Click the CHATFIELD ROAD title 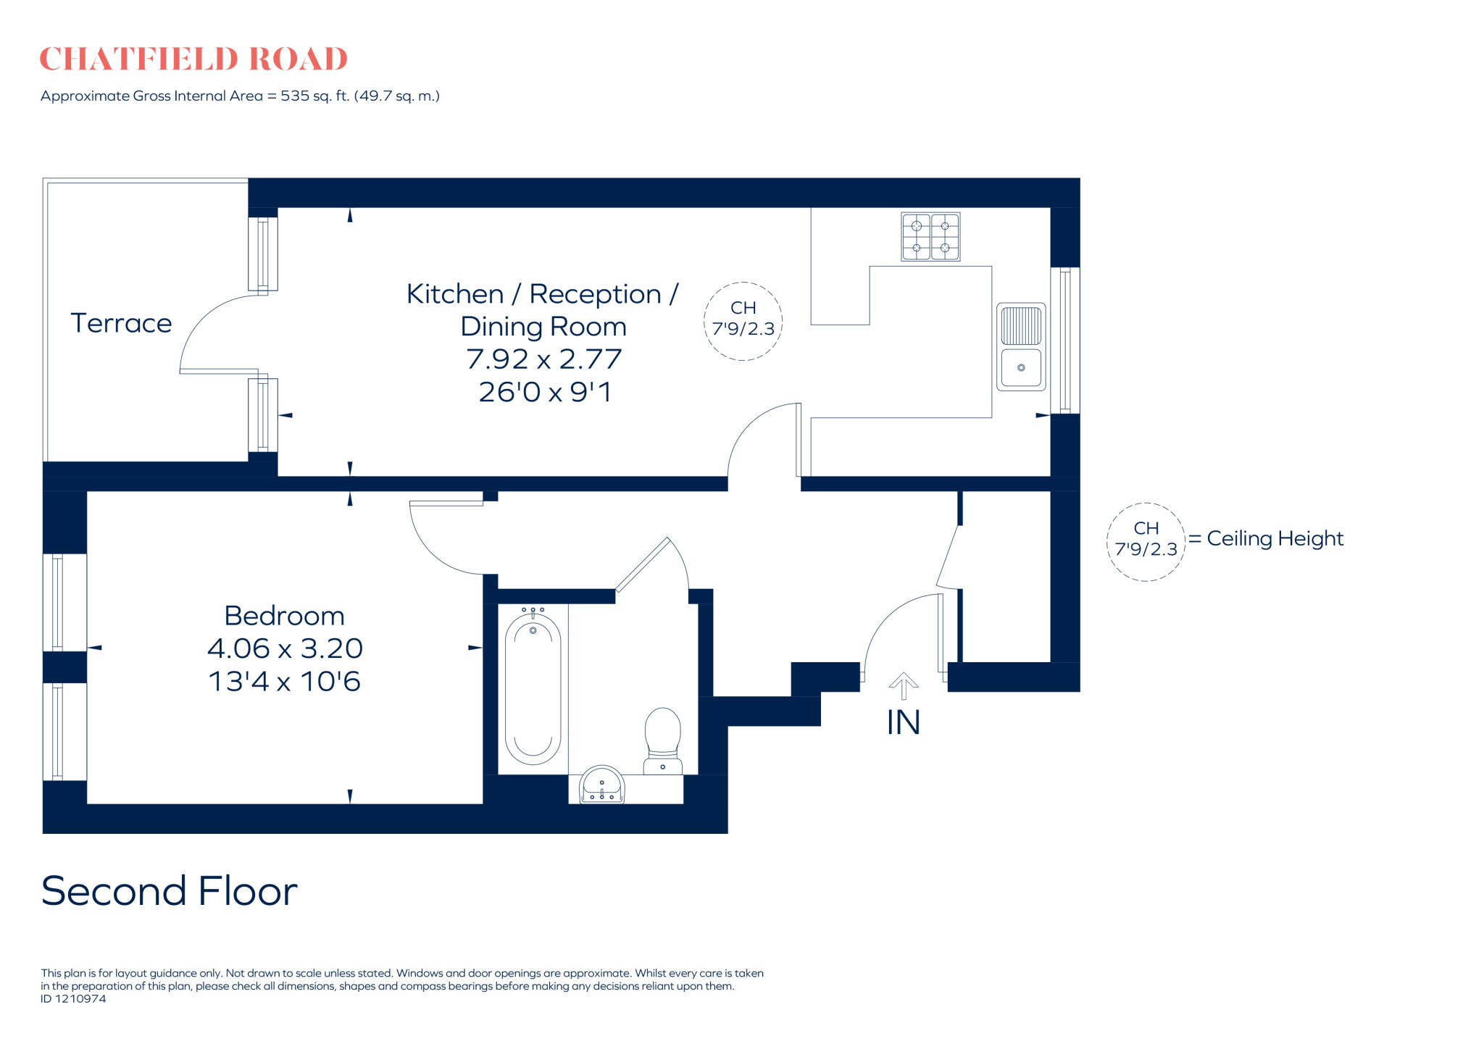[x=193, y=59]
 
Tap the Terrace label [x=121, y=323]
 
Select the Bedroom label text [x=284, y=616]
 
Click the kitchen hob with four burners [x=930, y=236]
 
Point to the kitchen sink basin [x=1021, y=368]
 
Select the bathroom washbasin [x=601, y=786]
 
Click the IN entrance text [x=903, y=722]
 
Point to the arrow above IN [x=903, y=685]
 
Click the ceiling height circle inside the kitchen [x=743, y=321]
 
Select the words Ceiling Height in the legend [x=1275, y=538]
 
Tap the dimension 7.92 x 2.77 [x=544, y=359]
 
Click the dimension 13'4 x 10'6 [x=284, y=682]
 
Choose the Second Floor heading [x=170, y=890]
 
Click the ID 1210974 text [x=73, y=998]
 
